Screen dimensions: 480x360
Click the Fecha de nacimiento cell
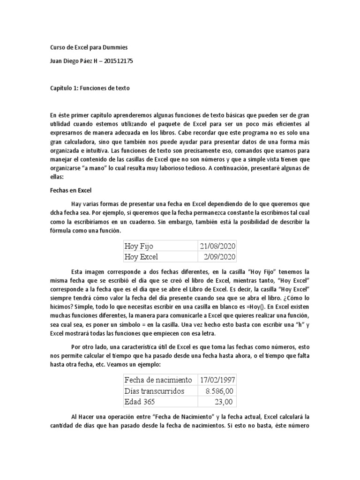pos(158,379)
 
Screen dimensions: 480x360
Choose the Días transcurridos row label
pos(154,390)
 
